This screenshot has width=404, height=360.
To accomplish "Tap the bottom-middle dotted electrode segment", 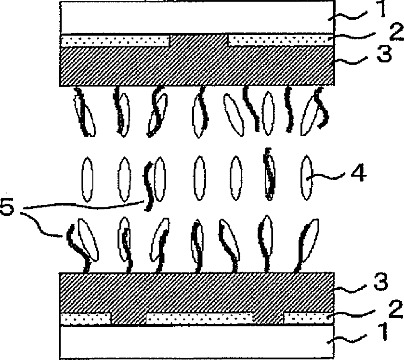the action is [x=199, y=318].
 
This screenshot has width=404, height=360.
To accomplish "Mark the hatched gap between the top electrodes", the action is [x=199, y=40].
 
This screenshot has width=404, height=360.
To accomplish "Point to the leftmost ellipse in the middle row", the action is [x=87, y=180].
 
